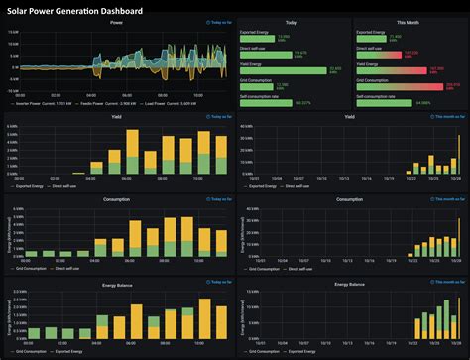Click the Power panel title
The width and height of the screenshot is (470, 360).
pos(117,21)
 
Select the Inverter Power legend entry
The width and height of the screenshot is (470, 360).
pos(40,103)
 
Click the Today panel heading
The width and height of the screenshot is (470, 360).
pos(293,21)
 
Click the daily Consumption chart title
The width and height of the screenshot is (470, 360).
pos(117,198)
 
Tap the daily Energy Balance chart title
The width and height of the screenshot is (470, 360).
pos(117,283)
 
